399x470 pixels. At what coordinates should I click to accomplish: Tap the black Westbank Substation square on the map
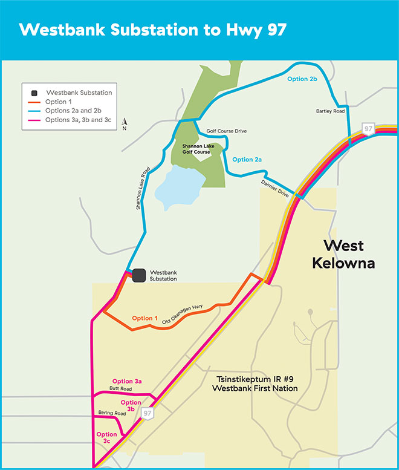(x=139, y=275)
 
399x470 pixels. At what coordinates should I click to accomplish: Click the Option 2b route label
(x=302, y=79)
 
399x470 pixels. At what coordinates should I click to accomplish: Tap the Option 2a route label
(x=247, y=160)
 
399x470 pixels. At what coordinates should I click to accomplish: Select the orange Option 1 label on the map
(x=145, y=318)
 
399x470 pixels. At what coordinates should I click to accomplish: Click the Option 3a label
(x=127, y=381)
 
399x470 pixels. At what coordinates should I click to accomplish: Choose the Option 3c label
(x=107, y=438)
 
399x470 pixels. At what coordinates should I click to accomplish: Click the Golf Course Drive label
(x=227, y=131)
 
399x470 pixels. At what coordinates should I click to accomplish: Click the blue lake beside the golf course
(x=176, y=185)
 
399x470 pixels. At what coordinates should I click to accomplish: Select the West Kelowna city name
(x=349, y=255)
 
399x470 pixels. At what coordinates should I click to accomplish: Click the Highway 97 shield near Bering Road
(x=146, y=413)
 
